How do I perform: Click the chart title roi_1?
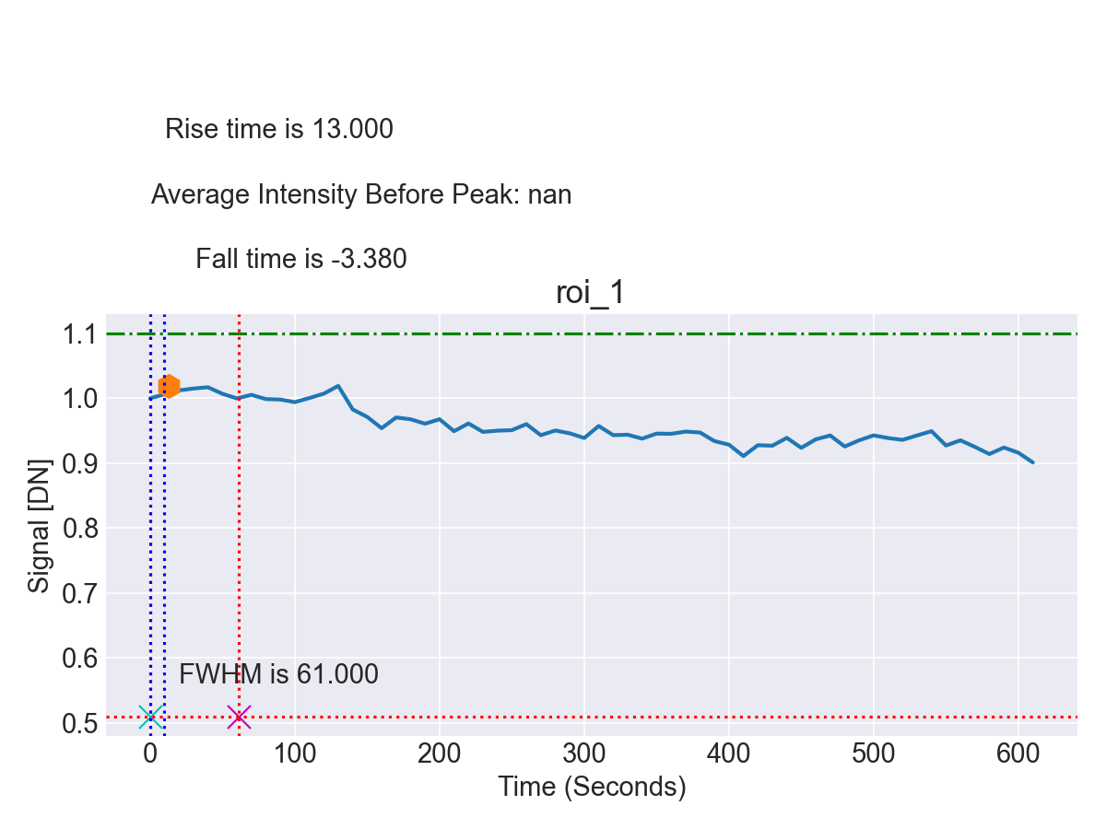[591, 293]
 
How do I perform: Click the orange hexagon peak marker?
[168, 387]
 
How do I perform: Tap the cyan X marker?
[151, 717]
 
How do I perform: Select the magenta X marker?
[239, 717]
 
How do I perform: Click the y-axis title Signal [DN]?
[38, 525]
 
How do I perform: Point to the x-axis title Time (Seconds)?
[592, 788]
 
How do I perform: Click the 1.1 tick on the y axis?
[80, 334]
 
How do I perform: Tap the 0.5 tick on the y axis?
[80, 723]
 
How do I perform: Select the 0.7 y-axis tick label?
[80, 593]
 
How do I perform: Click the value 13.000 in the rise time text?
[352, 130]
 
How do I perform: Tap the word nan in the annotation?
[549, 195]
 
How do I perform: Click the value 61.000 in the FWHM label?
[337, 674]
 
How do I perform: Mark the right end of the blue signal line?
[1032, 461]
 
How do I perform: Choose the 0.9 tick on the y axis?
[80, 463]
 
